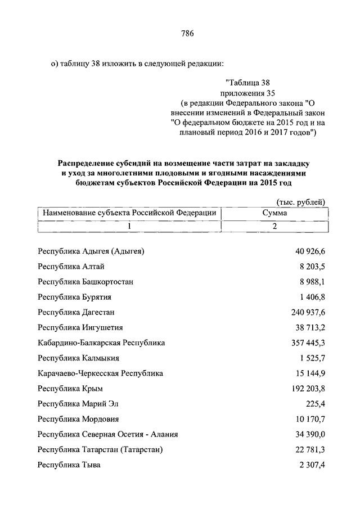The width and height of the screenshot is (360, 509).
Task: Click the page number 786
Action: click(187, 34)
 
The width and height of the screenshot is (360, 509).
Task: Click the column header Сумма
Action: click(274, 213)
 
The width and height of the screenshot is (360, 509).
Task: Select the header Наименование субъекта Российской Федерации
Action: click(127, 213)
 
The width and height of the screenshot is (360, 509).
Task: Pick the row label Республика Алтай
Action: click(71, 266)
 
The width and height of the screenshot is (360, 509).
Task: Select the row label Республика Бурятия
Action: click(74, 296)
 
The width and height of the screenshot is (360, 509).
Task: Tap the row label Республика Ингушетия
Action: click(80, 327)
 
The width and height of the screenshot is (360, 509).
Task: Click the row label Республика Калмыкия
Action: click(79, 357)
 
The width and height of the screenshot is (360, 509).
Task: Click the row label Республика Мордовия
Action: click(78, 419)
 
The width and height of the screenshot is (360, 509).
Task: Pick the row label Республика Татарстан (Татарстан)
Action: click(100, 449)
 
